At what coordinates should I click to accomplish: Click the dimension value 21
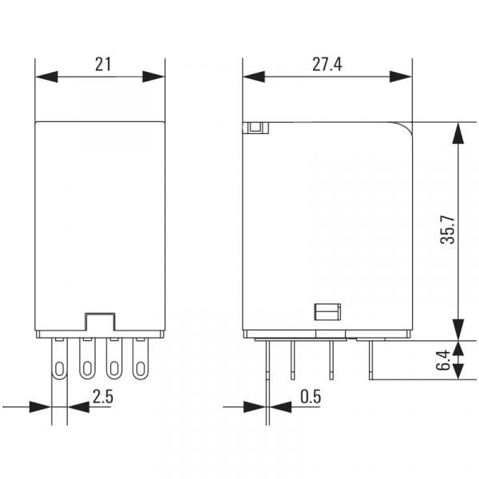(x=103, y=65)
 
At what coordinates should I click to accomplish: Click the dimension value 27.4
(x=327, y=65)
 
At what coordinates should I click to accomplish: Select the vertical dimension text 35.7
(x=448, y=229)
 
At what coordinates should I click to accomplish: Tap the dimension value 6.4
(x=443, y=360)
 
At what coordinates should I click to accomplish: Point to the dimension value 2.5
(x=103, y=397)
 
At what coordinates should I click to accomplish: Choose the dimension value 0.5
(x=311, y=397)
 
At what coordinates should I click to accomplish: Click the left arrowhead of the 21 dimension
(x=46, y=77)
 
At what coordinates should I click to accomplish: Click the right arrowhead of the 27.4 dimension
(x=401, y=77)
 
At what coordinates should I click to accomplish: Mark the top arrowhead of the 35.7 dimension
(x=458, y=133)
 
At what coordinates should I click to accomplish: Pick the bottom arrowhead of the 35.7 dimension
(x=458, y=330)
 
